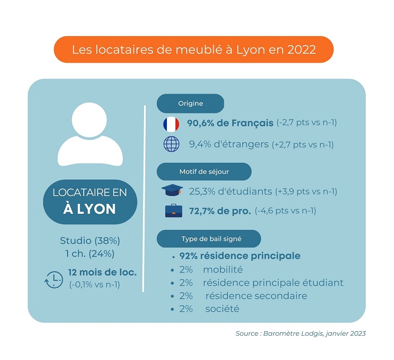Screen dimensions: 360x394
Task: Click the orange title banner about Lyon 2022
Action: (x=193, y=49)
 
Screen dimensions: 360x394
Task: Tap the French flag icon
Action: (x=171, y=124)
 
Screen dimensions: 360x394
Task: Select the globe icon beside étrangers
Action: (x=171, y=144)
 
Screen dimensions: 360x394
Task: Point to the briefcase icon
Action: (x=171, y=211)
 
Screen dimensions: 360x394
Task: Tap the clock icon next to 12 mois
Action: (x=53, y=279)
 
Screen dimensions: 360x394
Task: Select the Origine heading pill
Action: (x=190, y=104)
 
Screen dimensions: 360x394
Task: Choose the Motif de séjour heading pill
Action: (x=203, y=172)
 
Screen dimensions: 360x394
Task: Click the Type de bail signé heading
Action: (x=208, y=239)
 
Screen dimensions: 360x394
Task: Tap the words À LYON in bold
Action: (x=90, y=209)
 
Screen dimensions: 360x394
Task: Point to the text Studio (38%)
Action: (x=90, y=241)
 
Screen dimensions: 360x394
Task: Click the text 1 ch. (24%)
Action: (x=90, y=254)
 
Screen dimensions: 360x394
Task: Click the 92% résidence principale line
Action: (x=240, y=256)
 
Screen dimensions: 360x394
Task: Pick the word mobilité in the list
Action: (x=223, y=270)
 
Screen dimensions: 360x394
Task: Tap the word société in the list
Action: (x=222, y=309)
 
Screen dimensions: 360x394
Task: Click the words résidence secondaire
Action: (x=255, y=296)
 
